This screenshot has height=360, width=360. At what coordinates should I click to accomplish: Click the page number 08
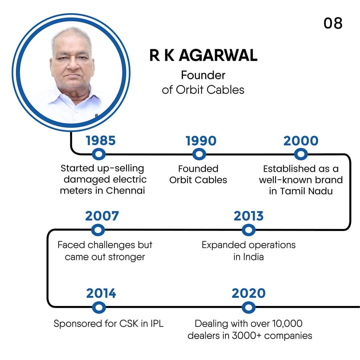pyautogui.click(x=333, y=23)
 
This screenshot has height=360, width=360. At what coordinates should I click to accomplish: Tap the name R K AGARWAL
pyautogui.click(x=203, y=55)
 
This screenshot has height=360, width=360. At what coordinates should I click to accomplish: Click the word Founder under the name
pyautogui.click(x=203, y=75)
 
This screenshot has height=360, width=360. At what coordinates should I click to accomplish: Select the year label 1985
pyautogui.click(x=101, y=141)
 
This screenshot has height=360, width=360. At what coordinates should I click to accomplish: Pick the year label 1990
pyautogui.click(x=201, y=141)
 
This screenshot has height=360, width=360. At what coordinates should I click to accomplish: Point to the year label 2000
pyautogui.click(x=301, y=141)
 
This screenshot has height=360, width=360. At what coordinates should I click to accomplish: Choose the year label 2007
pyautogui.click(x=102, y=216)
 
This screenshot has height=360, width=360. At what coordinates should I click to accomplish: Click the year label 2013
pyautogui.click(x=249, y=216)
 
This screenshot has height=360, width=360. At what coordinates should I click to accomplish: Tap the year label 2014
pyautogui.click(x=101, y=293)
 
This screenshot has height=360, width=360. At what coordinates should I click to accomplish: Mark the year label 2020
pyautogui.click(x=249, y=293)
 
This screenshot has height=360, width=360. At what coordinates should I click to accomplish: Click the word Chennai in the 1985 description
pyautogui.click(x=125, y=191)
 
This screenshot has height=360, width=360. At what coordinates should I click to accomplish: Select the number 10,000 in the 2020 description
pyautogui.click(x=287, y=323)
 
